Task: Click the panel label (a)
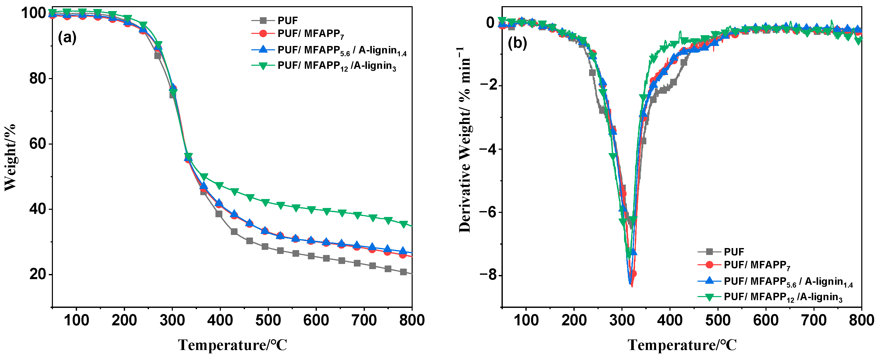pos(67,37)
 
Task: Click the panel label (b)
pos(517,43)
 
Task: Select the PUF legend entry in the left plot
pos(287,21)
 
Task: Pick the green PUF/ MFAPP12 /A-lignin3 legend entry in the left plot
pos(336,65)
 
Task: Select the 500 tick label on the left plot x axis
pos(268,320)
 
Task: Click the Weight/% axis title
pos(10,157)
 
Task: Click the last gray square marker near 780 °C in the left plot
pos(403,272)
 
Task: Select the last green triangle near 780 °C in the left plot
pos(403,224)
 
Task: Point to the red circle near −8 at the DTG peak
pos(633,273)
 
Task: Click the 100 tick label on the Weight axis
pos(33,13)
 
